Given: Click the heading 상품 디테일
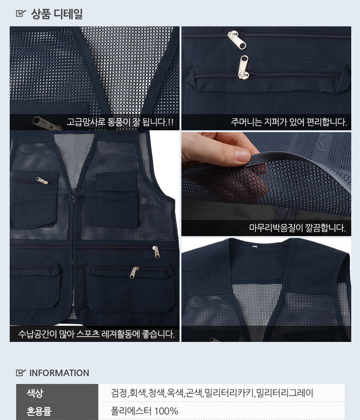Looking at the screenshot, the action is [x=57, y=14].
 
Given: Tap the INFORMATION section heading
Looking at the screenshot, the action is [x=59, y=373].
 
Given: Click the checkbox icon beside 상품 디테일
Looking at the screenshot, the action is [x=21, y=13].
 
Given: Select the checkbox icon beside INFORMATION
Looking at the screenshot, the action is [x=21, y=372].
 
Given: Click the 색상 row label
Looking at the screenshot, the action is [x=35, y=393].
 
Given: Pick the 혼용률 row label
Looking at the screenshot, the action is [x=39, y=411].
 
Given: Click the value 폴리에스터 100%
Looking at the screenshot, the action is [x=144, y=411].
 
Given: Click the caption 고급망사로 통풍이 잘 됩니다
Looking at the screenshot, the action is [x=120, y=122].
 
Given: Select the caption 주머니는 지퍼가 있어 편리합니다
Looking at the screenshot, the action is [x=289, y=122].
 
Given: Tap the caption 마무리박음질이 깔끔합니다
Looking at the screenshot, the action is [x=297, y=228].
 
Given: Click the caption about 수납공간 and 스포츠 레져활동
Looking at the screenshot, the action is [x=96, y=334].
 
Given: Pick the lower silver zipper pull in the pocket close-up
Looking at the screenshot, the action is [x=243, y=67].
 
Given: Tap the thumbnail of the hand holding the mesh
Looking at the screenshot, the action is [x=266, y=184].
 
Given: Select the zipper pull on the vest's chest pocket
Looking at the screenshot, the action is [x=42, y=181].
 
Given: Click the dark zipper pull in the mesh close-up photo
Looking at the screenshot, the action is [x=46, y=123].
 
